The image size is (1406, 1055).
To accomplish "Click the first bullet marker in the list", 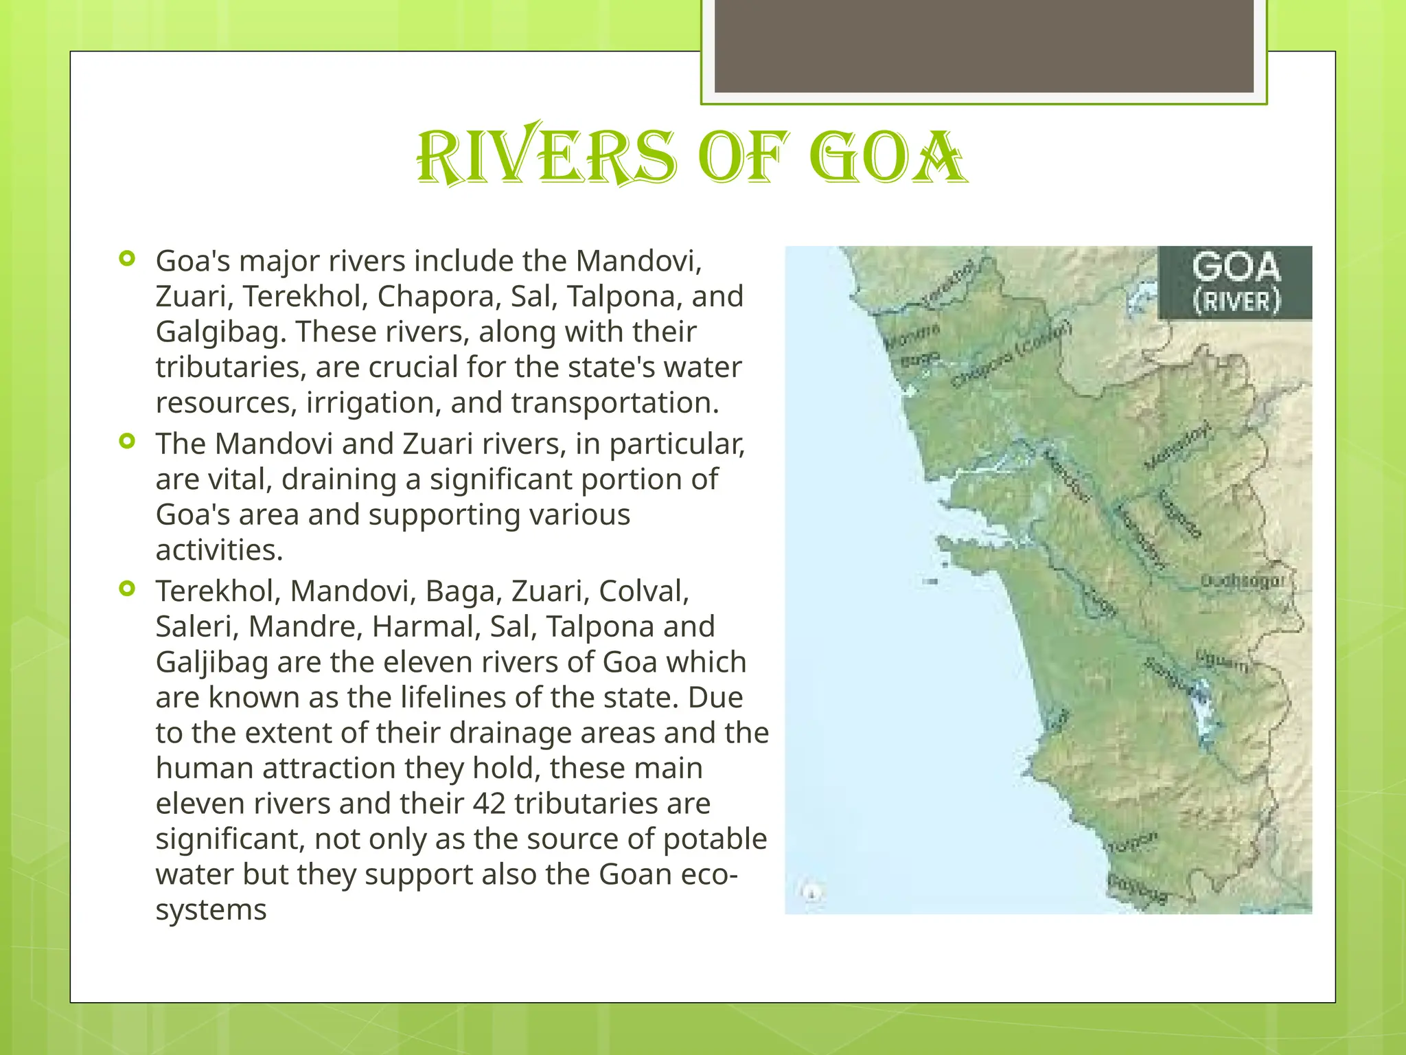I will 127,259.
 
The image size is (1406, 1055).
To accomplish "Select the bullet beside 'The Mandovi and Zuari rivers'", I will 127,441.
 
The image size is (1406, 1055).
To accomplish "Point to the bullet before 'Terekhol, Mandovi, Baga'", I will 127,589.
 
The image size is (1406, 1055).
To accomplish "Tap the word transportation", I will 614,403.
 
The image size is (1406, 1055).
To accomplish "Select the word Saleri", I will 196,626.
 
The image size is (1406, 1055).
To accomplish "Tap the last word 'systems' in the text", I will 211,910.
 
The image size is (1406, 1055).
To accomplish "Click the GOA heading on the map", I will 1236,267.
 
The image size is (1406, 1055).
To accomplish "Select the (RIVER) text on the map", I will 1236,302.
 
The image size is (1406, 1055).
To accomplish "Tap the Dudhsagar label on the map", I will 1241,582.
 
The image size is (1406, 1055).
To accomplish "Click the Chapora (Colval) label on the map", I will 1011,355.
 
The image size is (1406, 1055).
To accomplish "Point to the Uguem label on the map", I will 1222,661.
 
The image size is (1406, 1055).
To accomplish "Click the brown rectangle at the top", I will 984,46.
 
